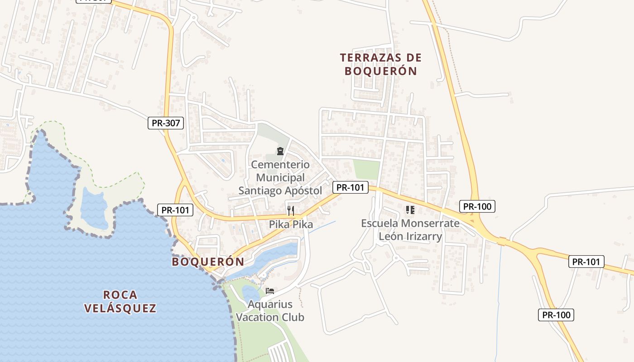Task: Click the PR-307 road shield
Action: pyautogui.click(x=166, y=123)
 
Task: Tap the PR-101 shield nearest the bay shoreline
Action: pyautogui.click(x=175, y=210)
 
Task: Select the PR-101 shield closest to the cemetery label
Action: pyautogui.click(x=351, y=187)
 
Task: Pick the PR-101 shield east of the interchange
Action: pyautogui.click(x=586, y=262)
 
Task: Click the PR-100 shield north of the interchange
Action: pyautogui.click(x=477, y=207)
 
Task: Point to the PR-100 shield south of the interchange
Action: pyautogui.click(x=556, y=315)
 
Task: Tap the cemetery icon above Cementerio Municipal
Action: pyautogui.click(x=280, y=151)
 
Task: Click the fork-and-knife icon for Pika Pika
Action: pyautogui.click(x=291, y=210)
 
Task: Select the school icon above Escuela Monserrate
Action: pyautogui.click(x=410, y=210)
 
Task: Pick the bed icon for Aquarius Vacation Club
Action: pyautogui.click(x=270, y=291)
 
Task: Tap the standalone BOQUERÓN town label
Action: pyautogui.click(x=208, y=262)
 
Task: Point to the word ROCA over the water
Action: pyautogui.click(x=120, y=295)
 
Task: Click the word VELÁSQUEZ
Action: pyautogui.click(x=120, y=309)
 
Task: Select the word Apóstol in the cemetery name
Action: pyautogui.click(x=303, y=191)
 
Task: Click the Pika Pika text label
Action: pyautogui.click(x=291, y=224)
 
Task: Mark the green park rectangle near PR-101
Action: pyautogui.click(x=366, y=170)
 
